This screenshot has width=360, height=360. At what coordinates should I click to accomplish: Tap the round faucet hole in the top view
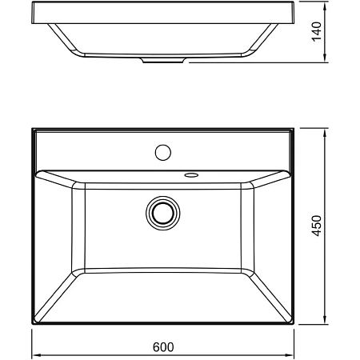163,150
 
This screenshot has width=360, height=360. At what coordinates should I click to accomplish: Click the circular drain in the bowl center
163,212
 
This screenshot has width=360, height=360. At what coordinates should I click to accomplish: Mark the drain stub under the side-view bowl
163,60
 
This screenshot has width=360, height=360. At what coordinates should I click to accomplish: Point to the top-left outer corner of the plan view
33,128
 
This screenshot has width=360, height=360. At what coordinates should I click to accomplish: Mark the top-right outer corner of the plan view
294,128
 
